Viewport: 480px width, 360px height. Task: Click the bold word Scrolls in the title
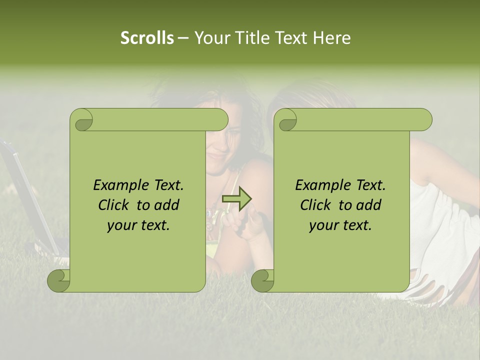pos(147,38)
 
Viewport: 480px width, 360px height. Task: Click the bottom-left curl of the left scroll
pos(58,280)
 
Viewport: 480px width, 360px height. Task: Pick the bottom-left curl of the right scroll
pos(262,280)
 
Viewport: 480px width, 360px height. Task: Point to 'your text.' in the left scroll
pos(138,225)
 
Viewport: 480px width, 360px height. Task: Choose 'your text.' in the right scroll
pos(340,225)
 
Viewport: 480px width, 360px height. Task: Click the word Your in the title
pos(213,38)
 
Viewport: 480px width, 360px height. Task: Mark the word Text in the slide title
pos(294,38)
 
